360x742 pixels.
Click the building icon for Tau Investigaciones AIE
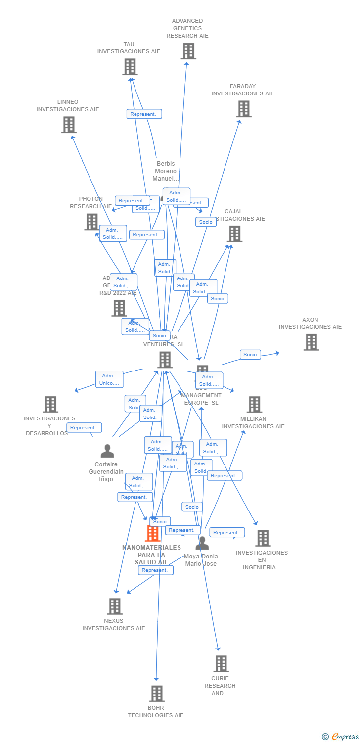[130, 67]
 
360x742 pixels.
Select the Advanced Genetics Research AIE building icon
[188, 51]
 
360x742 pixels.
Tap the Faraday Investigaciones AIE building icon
[244, 109]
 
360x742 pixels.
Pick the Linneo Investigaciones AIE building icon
[69, 125]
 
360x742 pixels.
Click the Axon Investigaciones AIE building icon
[311, 342]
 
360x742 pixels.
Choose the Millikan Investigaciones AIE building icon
[254, 405]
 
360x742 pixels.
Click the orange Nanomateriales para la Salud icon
[153, 533]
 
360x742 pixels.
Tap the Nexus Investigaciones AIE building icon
[115, 606]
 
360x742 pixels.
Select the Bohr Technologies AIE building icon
[157, 694]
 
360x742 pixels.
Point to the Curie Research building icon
[221, 664]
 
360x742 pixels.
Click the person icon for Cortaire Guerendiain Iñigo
[107, 451]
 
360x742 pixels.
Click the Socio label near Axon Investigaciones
[250, 355]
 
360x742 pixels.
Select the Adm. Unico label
[109, 379]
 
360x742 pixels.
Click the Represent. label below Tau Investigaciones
[144, 114]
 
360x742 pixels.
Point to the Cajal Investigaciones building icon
[234, 234]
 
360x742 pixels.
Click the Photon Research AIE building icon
[91, 222]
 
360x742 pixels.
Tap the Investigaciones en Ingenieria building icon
[263, 538]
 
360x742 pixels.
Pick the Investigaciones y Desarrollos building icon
[50, 404]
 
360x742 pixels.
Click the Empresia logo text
[345, 737]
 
